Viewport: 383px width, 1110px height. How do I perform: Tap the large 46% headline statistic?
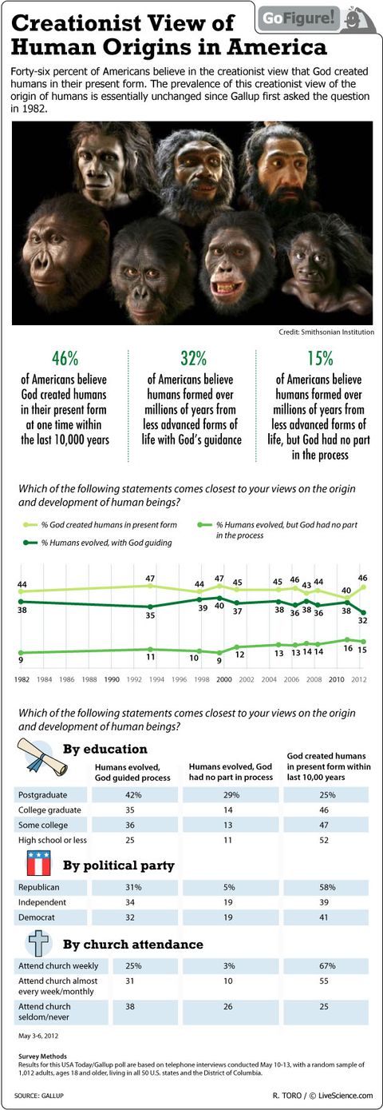pyautogui.click(x=64, y=358)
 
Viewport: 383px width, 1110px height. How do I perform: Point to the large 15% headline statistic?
pyautogui.click(x=320, y=358)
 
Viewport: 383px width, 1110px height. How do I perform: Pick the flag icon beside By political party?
pyautogui.click(x=38, y=865)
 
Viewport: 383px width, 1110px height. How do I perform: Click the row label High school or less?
pyautogui.click(x=52, y=841)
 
